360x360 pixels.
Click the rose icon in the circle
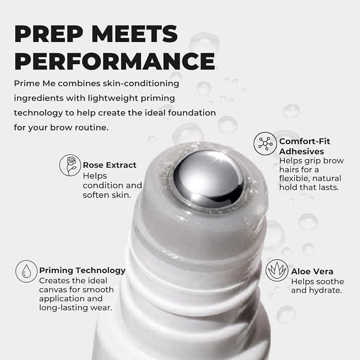[x=70, y=165]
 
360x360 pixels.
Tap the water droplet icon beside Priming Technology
[x=27, y=271]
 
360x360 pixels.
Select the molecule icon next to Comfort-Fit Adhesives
[x=265, y=144]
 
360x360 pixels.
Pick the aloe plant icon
[x=277, y=270]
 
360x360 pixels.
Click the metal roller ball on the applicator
[x=209, y=178]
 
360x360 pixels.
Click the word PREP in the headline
[x=49, y=34]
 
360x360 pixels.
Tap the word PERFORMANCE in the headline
[x=115, y=61]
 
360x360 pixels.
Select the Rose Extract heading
[x=110, y=165]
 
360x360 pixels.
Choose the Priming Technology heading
[x=82, y=270]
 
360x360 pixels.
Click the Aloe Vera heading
[x=312, y=271]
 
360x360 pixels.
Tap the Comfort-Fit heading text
[x=304, y=141]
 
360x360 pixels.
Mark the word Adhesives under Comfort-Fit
[x=302, y=152]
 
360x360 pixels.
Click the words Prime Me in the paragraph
[x=34, y=83]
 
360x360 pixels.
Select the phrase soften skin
[x=107, y=195]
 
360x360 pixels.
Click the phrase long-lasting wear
[x=75, y=308]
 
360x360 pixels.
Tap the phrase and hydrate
[x=317, y=291]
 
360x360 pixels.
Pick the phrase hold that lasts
[x=309, y=187]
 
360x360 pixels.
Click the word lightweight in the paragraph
[x=113, y=98]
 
